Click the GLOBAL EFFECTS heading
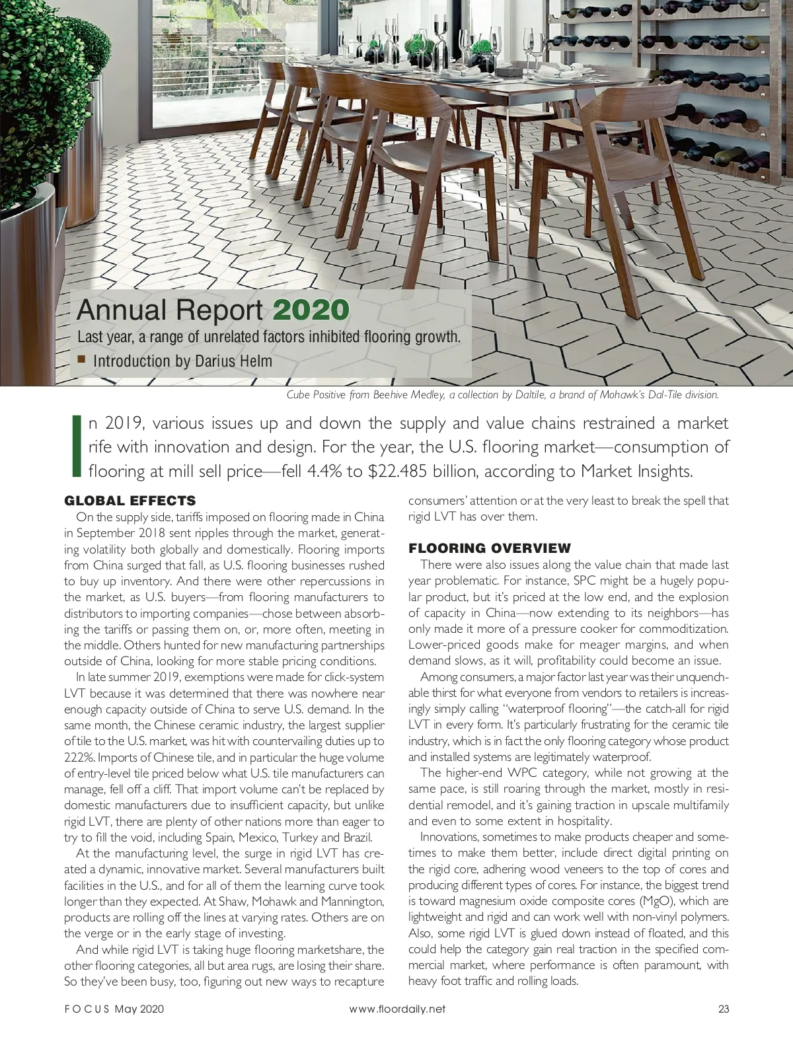[x=130, y=500]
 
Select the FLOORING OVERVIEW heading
[x=489, y=548]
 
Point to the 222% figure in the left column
[x=77, y=757]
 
